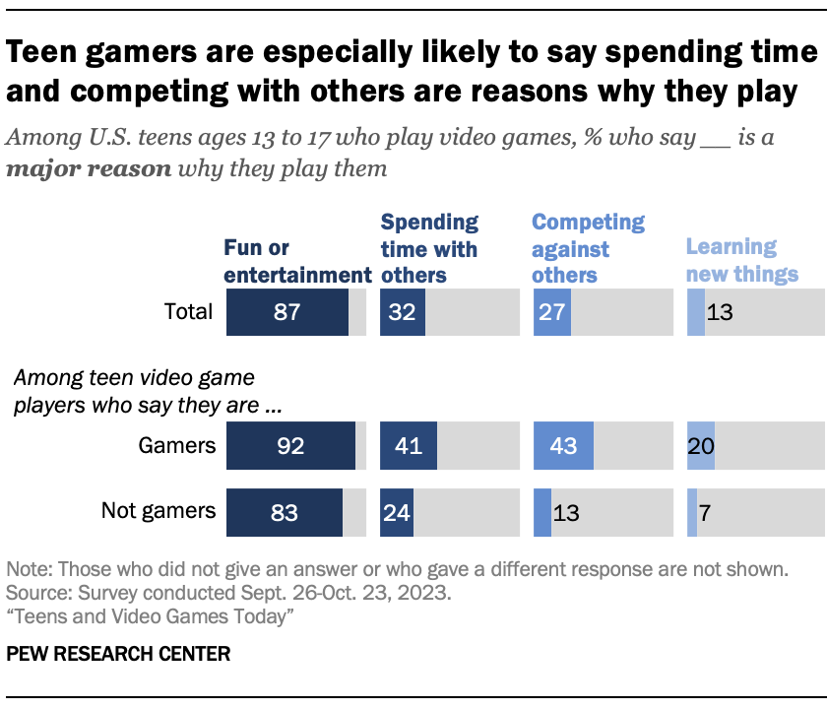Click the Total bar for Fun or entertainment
[287, 312]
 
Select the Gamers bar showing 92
[290, 445]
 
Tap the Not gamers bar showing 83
[285, 511]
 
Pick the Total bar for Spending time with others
[403, 312]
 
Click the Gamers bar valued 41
[407, 445]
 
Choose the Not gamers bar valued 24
[397, 511]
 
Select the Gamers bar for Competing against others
[563, 445]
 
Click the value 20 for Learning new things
[700, 445]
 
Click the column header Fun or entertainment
[297, 261]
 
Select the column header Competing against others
[588, 249]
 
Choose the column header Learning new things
[740, 261]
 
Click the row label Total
[188, 312]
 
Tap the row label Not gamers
[158, 511]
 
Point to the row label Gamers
[177, 445]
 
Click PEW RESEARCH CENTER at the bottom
[119, 653]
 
